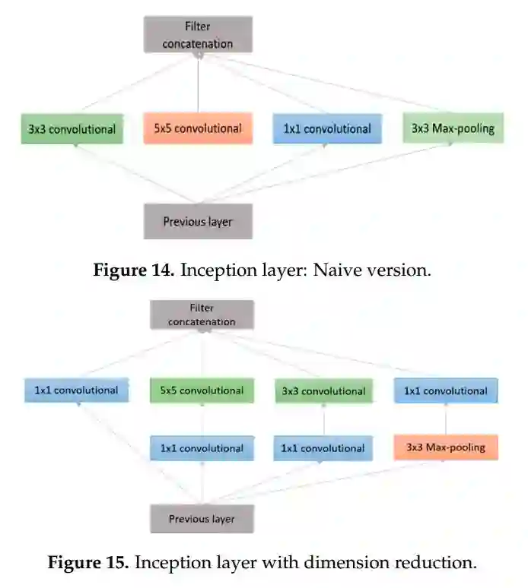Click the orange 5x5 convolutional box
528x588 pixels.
[198, 128]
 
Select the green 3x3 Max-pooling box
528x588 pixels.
[453, 128]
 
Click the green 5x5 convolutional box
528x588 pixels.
[202, 390]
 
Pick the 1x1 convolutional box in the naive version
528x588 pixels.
[327, 128]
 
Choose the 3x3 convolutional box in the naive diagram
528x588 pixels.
[72, 128]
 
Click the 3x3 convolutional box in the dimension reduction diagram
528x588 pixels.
[323, 391]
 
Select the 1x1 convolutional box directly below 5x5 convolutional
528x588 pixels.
[202, 447]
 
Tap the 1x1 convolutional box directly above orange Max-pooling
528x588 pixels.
[445, 390]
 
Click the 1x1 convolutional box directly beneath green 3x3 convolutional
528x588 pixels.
[323, 448]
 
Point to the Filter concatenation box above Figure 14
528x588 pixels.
[198, 35]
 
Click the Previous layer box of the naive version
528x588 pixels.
[198, 222]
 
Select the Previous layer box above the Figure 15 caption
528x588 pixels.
[202, 520]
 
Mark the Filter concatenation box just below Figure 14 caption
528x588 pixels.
[202, 315]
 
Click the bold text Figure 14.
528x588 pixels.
[134, 270]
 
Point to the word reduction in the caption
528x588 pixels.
[438, 563]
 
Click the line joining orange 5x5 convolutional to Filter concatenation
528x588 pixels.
[198, 84]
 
